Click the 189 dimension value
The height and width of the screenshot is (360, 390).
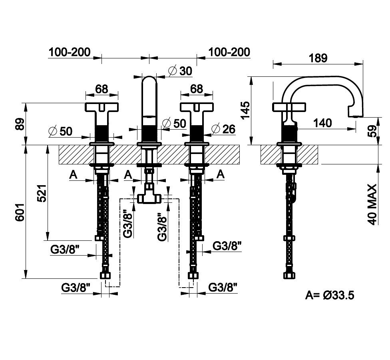(x=318, y=58)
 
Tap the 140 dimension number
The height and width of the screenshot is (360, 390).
(x=322, y=123)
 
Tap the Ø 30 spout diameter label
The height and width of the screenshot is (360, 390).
(x=180, y=71)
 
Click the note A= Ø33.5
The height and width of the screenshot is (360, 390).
(x=330, y=295)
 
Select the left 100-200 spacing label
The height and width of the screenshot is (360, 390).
(x=70, y=52)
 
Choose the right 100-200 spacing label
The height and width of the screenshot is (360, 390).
(x=229, y=52)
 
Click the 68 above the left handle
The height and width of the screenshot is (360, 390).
(x=101, y=88)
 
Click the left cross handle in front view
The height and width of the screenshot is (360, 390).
(x=102, y=107)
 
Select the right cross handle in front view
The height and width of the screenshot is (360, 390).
(x=196, y=107)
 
